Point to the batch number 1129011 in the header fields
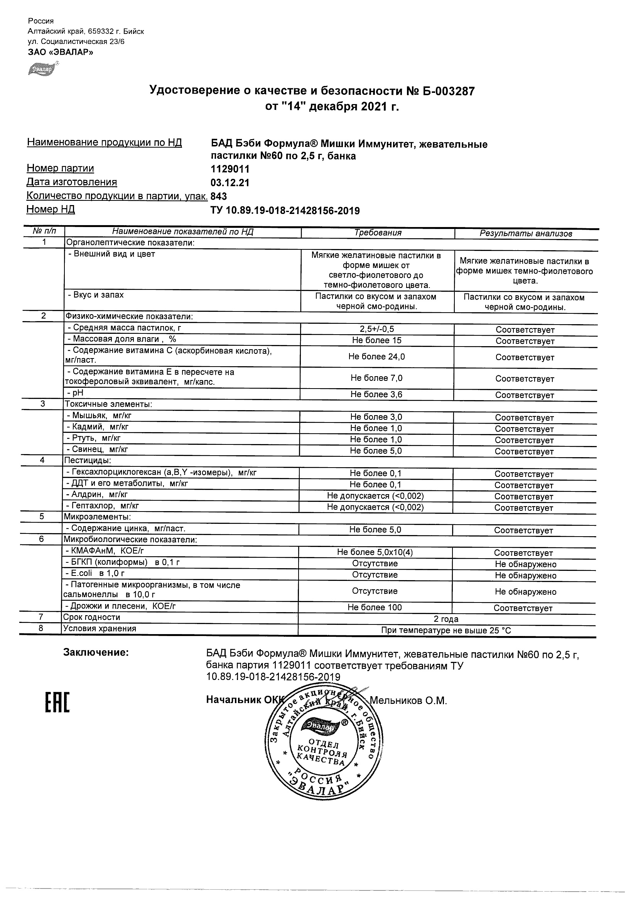[x=230, y=169]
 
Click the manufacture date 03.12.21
[x=230, y=183]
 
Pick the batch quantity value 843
[x=219, y=196]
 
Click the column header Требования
[x=377, y=233]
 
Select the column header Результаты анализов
[x=526, y=234]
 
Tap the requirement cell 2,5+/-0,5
[x=376, y=329]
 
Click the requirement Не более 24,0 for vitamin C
[x=376, y=357]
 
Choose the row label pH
[x=78, y=393]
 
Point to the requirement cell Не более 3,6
[x=376, y=394]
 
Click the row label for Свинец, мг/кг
[x=97, y=449]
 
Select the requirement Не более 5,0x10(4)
[x=375, y=552]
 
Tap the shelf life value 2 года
[x=446, y=619]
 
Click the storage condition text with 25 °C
[x=446, y=631]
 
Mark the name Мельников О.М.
[x=408, y=700]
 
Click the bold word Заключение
[x=96, y=653]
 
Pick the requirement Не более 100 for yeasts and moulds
[x=375, y=608]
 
